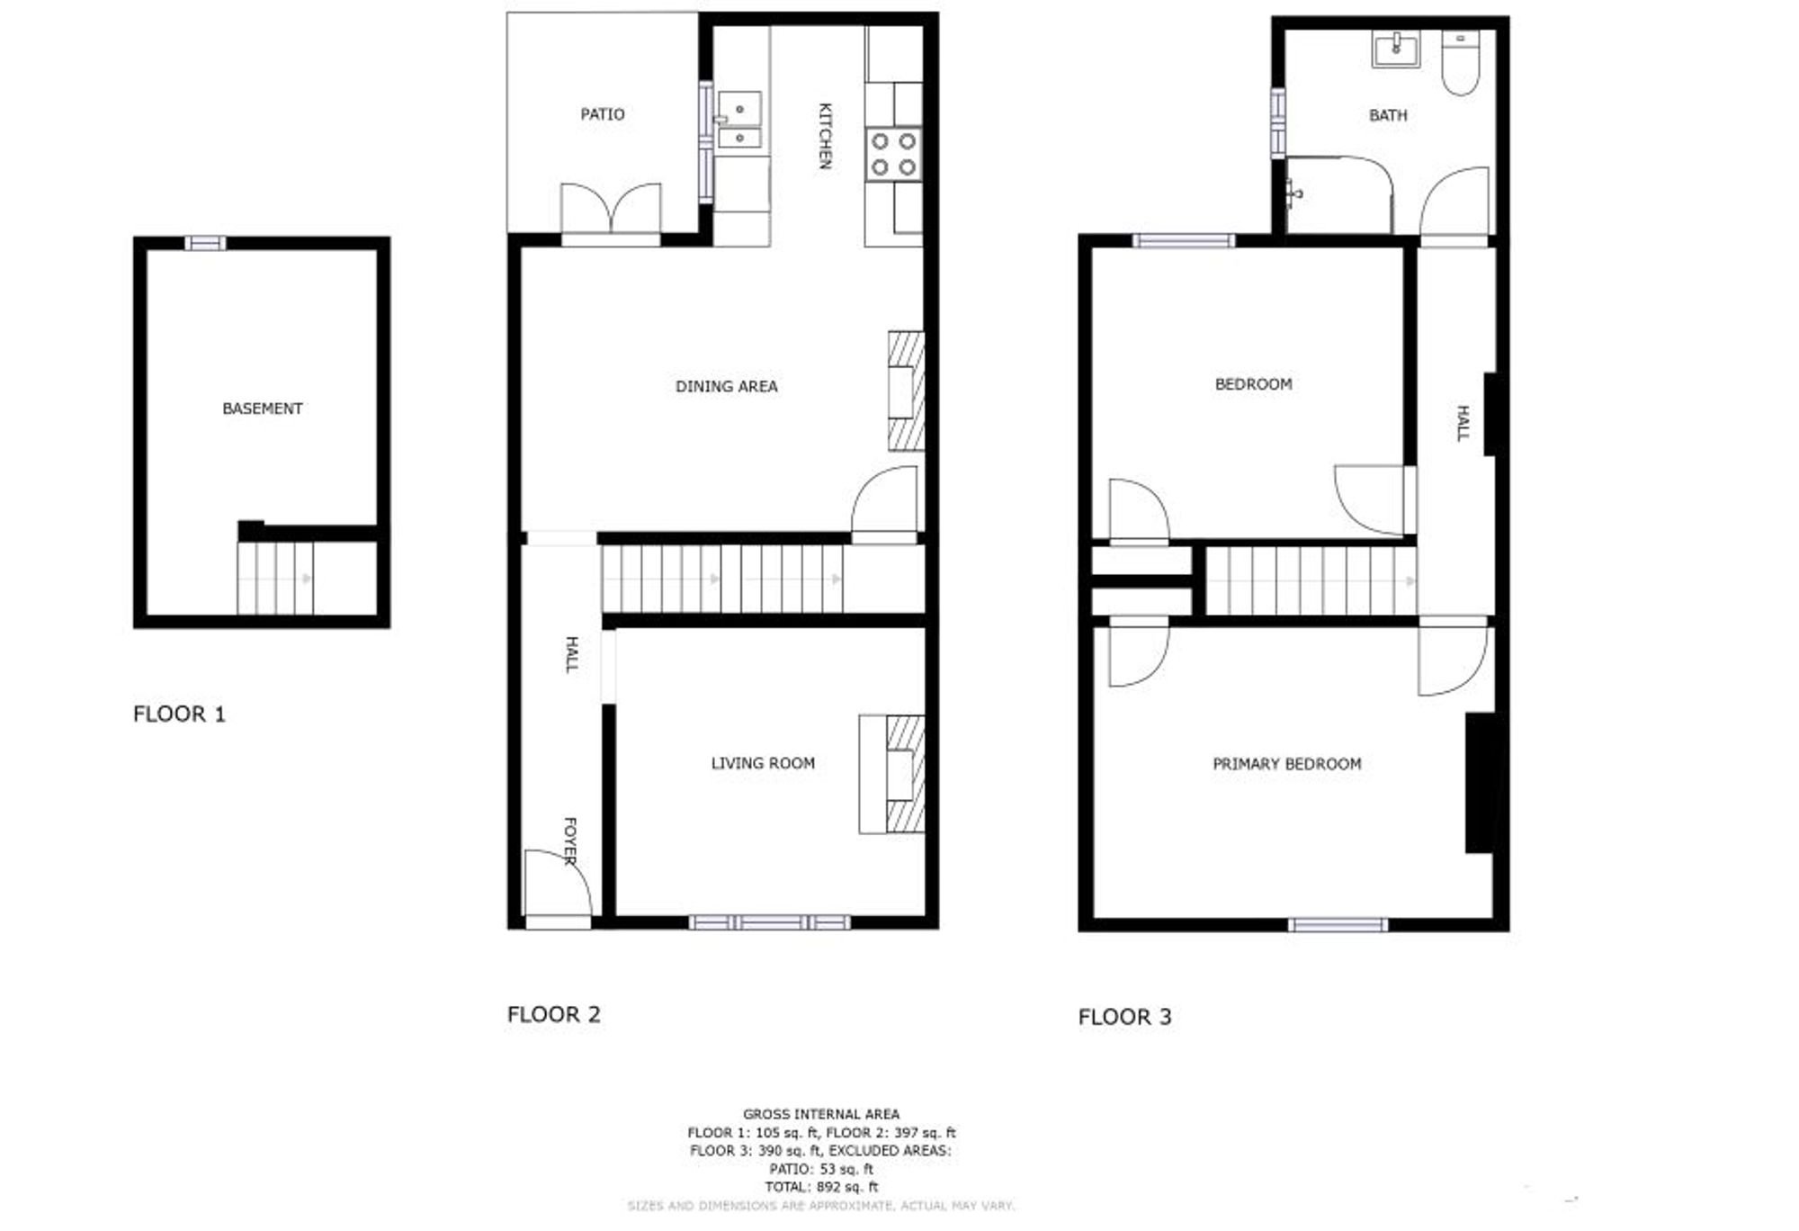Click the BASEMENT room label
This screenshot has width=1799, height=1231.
(x=262, y=409)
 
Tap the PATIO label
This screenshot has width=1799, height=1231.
(x=603, y=114)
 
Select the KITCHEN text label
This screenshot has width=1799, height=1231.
(x=825, y=136)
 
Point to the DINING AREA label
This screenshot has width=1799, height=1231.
(x=727, y=386)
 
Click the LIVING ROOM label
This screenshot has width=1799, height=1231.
(x=763, y=763)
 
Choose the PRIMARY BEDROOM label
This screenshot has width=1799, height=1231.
(x=1287, y=764)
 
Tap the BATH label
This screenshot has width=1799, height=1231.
(x=1388, y=115)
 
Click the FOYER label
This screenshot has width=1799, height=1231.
(x=569, y=841)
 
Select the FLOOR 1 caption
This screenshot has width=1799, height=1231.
(x=179, y=714)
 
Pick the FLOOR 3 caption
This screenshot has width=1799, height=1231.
(x=1124, y=1017)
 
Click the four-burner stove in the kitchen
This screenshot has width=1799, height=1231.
(x=894, y=154)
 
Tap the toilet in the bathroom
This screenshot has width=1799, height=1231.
(x=1461, y=63)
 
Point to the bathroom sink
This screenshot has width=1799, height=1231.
(x=1396, y=49)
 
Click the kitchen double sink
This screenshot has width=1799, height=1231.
(x=739, y=120)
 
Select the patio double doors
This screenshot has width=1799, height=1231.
(x=611, y=212)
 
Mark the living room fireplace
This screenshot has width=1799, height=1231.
(x=892, y=774)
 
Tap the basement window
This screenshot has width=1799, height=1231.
(x=205, y=243)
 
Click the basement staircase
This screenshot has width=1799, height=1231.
(x=276, y=579)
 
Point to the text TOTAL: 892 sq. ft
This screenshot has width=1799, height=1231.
(x=821, y=1187)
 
